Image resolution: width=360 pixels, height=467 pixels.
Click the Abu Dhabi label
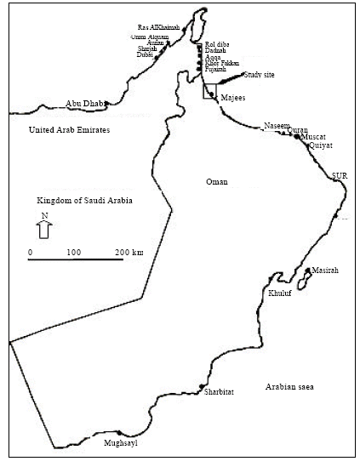84,104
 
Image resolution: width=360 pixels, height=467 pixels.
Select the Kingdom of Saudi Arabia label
89,201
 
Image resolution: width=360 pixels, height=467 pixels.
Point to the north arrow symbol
45,227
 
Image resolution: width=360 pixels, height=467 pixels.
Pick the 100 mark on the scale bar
73,253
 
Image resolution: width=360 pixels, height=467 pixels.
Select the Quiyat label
320,146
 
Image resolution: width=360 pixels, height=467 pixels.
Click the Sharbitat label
219,392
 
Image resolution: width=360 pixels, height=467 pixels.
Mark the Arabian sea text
289,387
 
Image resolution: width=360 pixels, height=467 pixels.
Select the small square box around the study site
209,91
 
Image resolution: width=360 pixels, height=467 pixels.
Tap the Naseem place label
277,125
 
